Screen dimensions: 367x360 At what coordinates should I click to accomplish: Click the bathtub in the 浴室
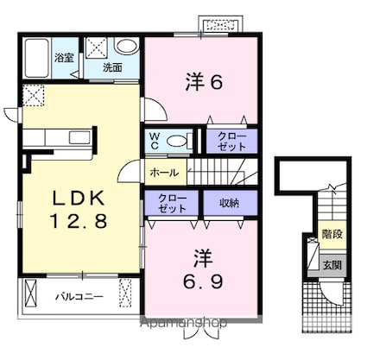click(x=36, y=58)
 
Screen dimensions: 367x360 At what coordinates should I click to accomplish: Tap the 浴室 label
click(x=64, y=58)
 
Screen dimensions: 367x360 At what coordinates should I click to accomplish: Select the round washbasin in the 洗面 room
click(x=126, y=47)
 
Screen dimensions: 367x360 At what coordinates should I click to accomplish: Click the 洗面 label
click(x=112, y=68)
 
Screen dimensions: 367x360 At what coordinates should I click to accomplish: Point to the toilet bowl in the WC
click(x=177, y=141)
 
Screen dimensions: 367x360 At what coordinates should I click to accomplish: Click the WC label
click(x=155, y=141)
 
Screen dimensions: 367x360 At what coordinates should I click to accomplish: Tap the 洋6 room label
click(x=204, y=82)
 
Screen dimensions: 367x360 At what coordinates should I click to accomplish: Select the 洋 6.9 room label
click(x=203, y=269)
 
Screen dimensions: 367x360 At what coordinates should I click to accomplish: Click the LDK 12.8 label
click(x=79, y=210)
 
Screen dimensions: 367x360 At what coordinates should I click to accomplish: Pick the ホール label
click(x=164, y=173)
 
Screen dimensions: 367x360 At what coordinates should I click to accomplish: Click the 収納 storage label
click(x=230, y=204)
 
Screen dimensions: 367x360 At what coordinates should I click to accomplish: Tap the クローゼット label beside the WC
click(x=231, y=142)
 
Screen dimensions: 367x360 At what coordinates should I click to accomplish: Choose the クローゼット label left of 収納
click(x=172, y=204)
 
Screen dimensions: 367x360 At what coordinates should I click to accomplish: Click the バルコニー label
click(x=79, y=296)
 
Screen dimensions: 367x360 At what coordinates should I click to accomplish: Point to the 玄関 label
click(x=332, y=265)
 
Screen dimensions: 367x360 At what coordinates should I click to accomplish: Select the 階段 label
click(x=332, y=234)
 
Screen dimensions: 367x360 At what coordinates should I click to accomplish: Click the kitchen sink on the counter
click(x=79, y=137)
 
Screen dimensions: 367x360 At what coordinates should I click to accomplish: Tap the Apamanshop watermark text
click(x=183, y=323)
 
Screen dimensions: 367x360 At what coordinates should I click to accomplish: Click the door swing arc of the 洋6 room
click(x=161, y=105)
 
